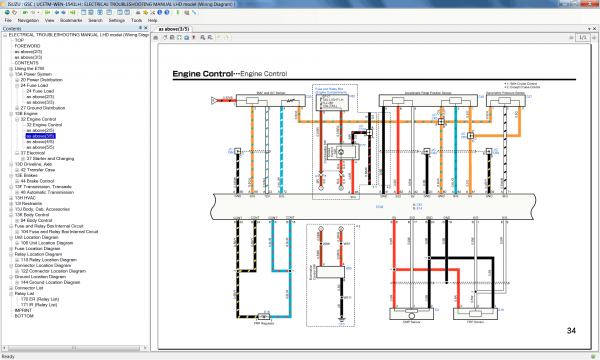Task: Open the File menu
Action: point(7,19)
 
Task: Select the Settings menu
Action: point(117,19)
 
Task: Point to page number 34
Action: point(571,331)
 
